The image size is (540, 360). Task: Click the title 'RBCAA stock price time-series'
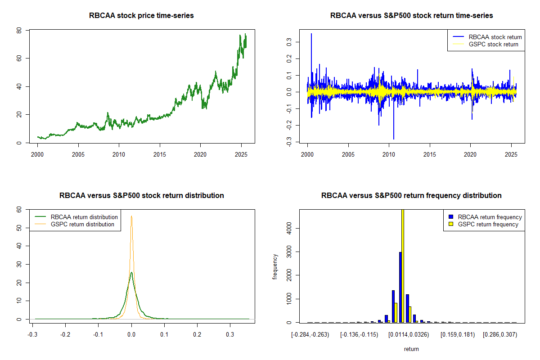(x=141, y=16)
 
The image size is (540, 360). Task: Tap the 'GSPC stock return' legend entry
(x=493, y=44)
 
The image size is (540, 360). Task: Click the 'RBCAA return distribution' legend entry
(x=84, y=217)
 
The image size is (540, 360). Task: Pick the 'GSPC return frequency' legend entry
(x=488, y=224)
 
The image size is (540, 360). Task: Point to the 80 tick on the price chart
(x=19, y=30)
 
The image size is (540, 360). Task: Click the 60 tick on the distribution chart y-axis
(x=19, y=209)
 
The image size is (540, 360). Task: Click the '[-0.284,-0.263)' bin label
(x=310, y=335)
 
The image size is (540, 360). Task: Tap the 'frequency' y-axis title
(x=275, y=266)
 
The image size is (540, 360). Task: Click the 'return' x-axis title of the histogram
(x=411, y=349)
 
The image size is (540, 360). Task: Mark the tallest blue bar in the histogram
(x=400, y=287)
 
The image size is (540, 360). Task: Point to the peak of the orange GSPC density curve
(x=131, y=216)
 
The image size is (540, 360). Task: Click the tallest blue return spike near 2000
(x=311, y=34)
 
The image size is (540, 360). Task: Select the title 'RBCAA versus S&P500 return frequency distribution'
(x=411, y=196)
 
